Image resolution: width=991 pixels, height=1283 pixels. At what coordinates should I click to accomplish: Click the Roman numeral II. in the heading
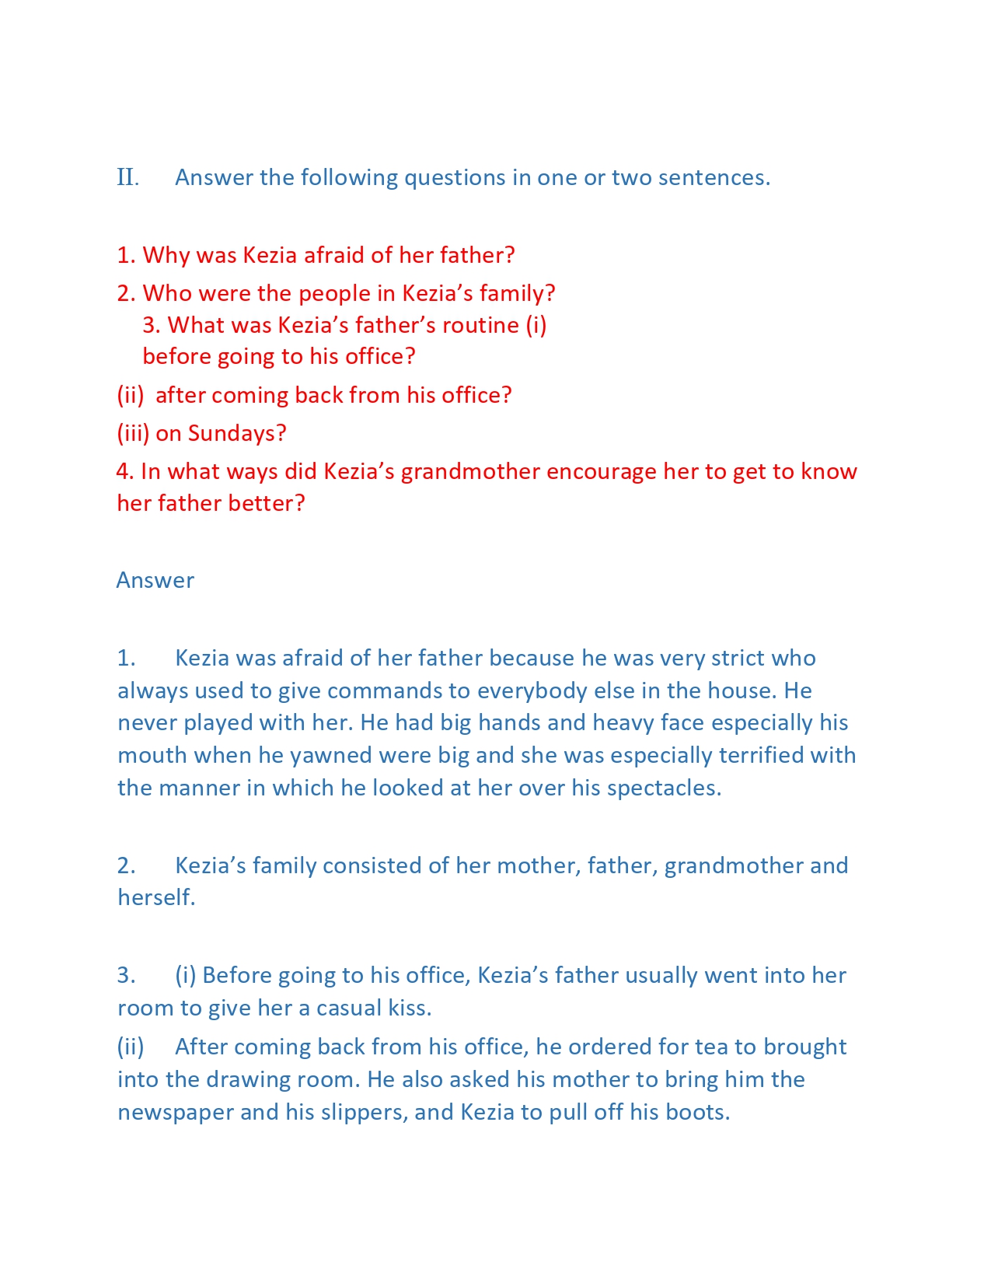click(128, 178)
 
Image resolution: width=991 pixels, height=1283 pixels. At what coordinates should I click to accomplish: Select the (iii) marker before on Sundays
click(133, 433)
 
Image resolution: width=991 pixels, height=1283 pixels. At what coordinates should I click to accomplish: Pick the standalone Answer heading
click(155, 581)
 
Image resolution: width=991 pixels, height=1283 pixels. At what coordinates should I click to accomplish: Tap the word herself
click(155, 898)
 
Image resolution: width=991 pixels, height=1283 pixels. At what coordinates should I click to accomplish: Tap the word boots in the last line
click(697, 1113)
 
